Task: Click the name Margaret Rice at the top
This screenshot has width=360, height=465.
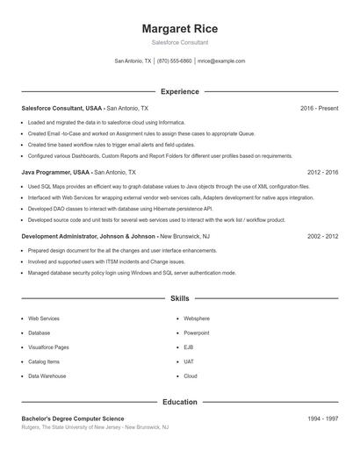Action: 179,29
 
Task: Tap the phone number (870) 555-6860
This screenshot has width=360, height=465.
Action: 175,61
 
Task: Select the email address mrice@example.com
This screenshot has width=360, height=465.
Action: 221,61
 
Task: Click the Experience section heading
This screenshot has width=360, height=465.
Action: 179,91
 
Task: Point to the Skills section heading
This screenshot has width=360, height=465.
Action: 179,298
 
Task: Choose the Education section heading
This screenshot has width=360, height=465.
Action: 179,402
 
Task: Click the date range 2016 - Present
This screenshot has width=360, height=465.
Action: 319,108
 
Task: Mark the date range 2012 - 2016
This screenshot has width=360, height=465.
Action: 322,173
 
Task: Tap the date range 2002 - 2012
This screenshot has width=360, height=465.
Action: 322,236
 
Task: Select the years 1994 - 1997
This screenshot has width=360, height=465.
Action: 322,418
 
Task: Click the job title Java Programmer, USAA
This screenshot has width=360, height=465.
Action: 55,173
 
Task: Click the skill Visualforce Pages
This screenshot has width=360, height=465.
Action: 48,347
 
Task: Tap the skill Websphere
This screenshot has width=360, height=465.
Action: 197,318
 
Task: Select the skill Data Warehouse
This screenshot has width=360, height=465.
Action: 47,376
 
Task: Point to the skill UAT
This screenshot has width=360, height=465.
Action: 189,361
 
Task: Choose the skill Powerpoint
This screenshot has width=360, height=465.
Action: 197,333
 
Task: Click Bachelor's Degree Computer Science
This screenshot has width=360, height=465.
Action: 73,418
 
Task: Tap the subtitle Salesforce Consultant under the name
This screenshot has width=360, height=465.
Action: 179,42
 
